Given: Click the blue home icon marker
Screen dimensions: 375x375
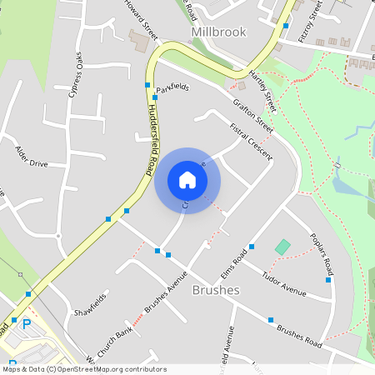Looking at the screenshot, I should pos(187,179).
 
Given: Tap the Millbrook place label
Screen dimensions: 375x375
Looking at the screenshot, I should pos(219,32).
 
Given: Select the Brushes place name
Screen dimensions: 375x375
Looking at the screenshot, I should pos(216,290).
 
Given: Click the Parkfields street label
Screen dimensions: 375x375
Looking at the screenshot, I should pos(173,87).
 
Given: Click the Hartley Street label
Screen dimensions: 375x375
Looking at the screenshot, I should pos(263,92).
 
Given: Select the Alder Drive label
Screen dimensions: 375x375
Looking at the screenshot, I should pos(32,157).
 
